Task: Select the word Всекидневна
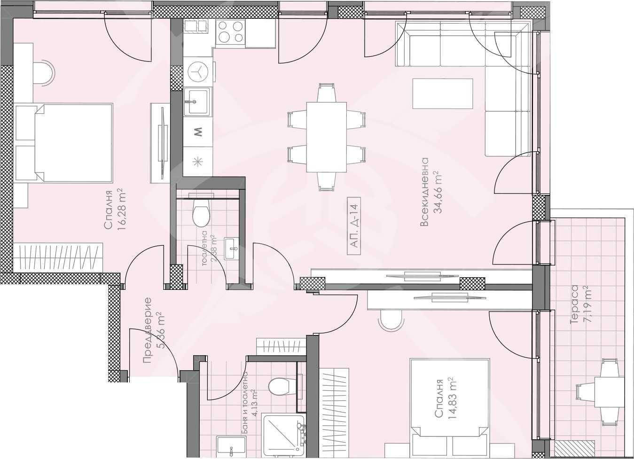425,193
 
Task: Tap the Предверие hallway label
147,330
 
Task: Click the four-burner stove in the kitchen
231,32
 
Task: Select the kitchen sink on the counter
197,101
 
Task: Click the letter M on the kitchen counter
198,132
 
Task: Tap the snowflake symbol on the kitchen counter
198,161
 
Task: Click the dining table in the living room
327,137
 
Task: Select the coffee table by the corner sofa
442,94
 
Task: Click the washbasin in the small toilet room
230,248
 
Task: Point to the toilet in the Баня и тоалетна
280,387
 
